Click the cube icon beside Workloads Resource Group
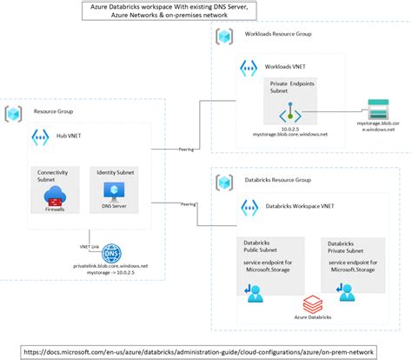(x=223, y=38)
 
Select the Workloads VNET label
(x=286, y=66)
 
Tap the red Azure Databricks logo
(x=311, y=305)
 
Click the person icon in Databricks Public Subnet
(x=256, y=295)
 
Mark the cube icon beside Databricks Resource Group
(x=223, y=183)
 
